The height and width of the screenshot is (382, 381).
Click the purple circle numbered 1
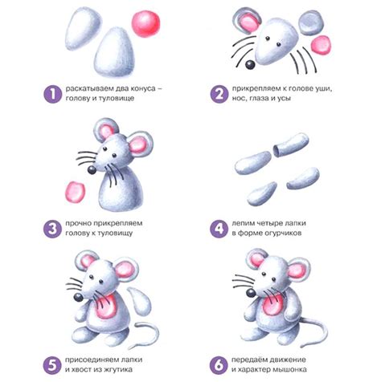coord(53,94)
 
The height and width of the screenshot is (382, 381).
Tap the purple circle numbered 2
coord(219,94)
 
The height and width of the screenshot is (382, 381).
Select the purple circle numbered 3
coord(53,229)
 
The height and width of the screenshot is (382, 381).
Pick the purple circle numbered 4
coord(219,229)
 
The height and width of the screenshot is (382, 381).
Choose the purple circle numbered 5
coord(53,365)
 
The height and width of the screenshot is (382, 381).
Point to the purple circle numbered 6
coord(219,365)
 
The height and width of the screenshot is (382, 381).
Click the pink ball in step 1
coord(145,23)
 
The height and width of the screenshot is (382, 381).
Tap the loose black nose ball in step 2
coord(251,65)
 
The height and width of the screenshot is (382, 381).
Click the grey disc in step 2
coord(311,23)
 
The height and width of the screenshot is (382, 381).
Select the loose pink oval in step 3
coord(75,192)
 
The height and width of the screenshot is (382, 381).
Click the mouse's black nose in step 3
coord(92,170)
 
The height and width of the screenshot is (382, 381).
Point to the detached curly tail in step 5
coord(145,335)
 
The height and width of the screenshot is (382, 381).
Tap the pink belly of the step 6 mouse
coord(273,304)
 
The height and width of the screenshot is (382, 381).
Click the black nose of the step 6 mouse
coord(251,293)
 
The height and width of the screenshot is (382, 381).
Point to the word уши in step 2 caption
coord(324,88)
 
